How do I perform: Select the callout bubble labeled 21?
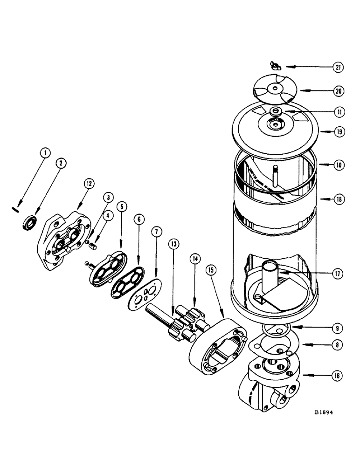point(338,68)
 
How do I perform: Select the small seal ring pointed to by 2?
point(28,221)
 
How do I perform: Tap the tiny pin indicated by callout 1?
point(14,208)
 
